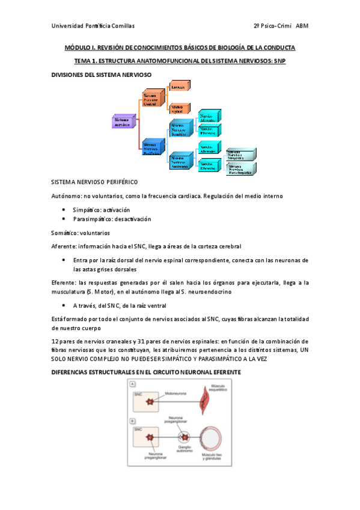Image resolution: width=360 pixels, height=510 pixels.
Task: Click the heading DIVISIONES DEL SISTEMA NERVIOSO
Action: [101, 75]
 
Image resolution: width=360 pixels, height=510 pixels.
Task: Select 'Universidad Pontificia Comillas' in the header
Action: [93, 26]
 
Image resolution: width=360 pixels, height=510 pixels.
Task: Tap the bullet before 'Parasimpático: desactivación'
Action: [64, 220]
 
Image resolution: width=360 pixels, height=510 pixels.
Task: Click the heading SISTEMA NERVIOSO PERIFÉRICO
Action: [94, 181]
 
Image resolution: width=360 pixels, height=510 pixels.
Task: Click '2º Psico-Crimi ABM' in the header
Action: [281, 26]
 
